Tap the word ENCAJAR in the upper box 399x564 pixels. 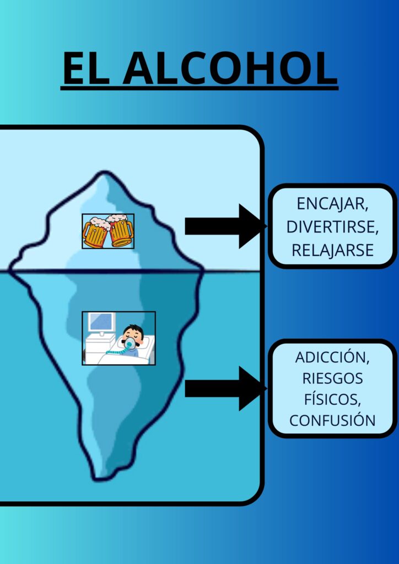333,203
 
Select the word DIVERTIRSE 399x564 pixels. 333,227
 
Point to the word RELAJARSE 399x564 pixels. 333,250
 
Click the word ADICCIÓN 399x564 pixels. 332,357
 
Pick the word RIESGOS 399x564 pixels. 332,378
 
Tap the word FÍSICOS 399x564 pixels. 332,399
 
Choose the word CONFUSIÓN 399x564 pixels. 332,420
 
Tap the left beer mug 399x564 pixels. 96,234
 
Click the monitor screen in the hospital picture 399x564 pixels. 102,322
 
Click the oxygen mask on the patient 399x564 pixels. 130,344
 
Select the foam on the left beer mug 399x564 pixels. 95,222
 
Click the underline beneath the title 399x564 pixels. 199,88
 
